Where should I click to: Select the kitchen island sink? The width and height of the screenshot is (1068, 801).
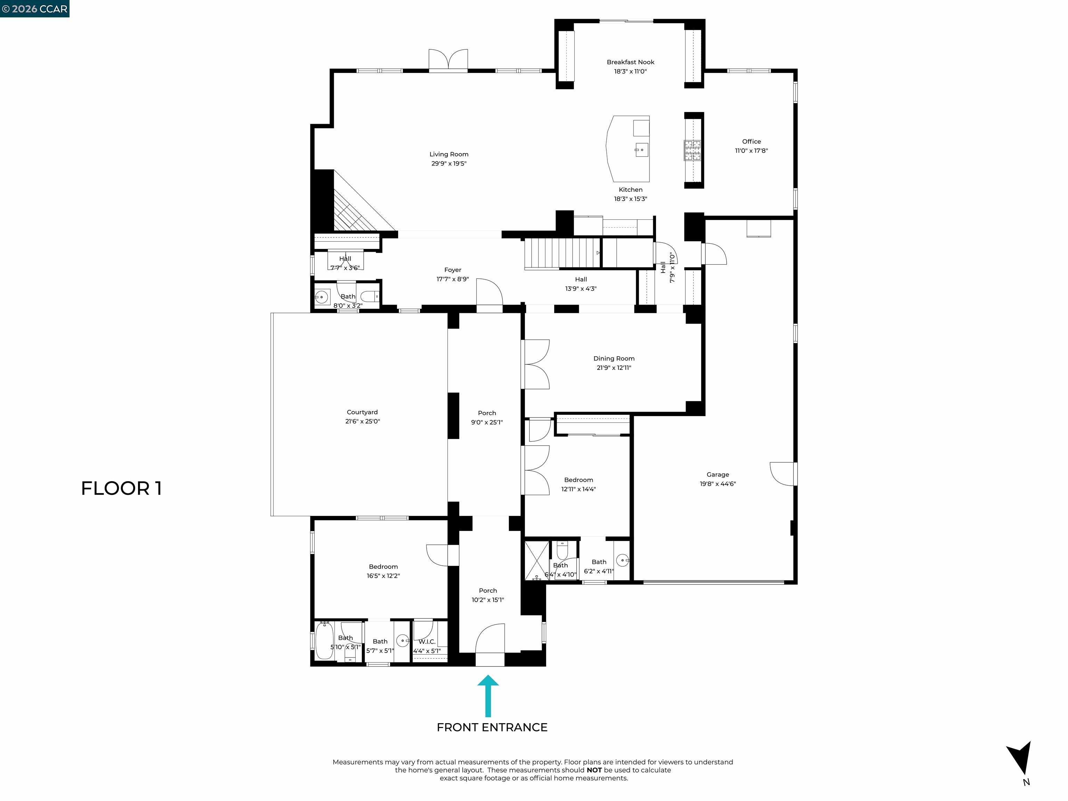coord(641,150)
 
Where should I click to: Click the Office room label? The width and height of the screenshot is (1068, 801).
coord(751,141)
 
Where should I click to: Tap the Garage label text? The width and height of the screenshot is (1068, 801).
coord(718,475)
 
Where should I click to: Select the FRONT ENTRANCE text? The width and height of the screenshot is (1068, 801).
coord(492,728)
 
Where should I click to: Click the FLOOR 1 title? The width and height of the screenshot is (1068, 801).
coord(121,488)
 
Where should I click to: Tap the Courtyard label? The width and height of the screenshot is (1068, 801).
coord(362,412)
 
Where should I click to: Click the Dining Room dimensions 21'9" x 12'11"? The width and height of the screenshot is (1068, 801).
coord(614,368)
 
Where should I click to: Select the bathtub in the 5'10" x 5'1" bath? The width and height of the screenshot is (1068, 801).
coord(324,640)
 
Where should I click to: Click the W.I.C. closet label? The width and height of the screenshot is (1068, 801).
coord(427,642)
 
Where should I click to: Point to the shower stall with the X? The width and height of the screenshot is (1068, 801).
coord(537,560)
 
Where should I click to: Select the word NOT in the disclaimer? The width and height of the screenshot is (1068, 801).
coord(594,770)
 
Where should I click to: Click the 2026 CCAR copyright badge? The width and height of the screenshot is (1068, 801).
coord(34,9)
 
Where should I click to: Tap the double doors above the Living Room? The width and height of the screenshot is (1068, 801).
coord(448,60)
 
